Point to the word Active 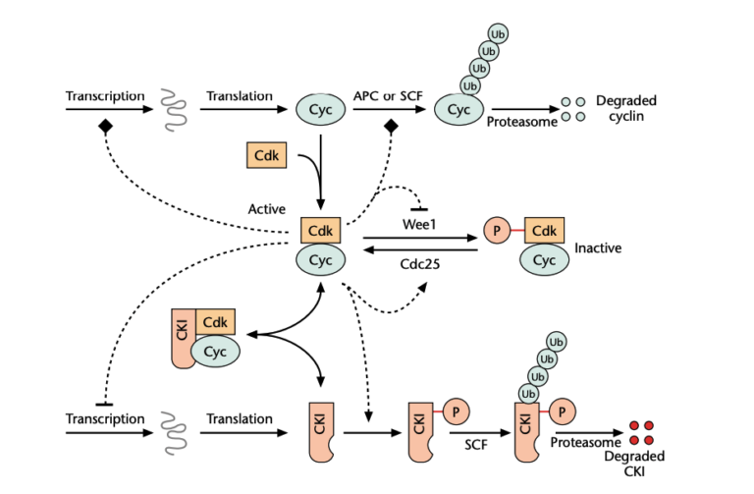267,209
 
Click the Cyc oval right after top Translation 320,111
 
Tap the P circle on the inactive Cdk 496,233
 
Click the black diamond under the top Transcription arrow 102,128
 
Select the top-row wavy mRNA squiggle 172,112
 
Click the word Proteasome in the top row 521,122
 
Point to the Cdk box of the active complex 320,232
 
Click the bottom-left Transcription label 105,419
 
